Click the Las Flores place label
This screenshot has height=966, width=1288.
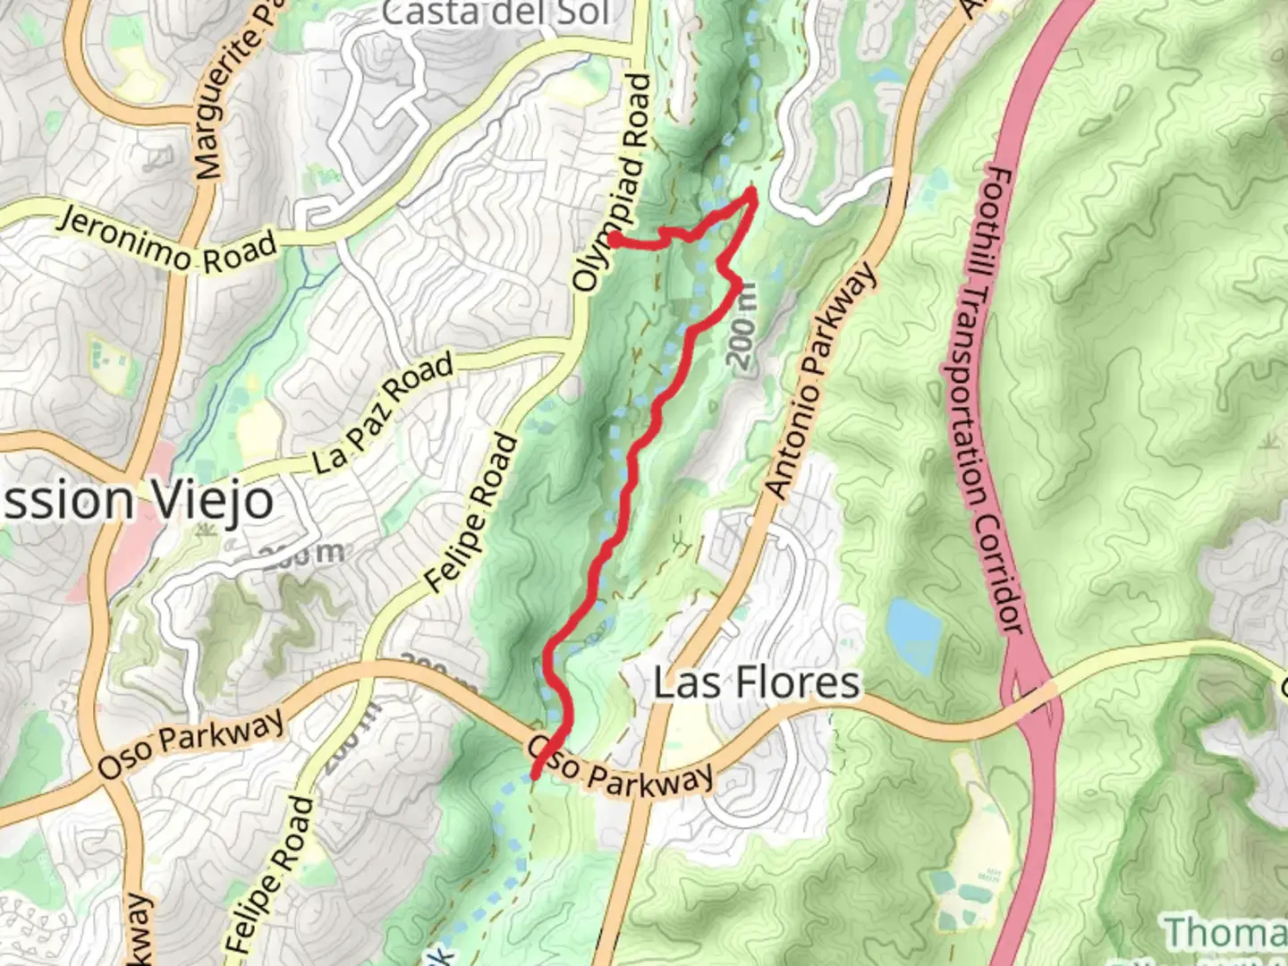(x=757, y=683)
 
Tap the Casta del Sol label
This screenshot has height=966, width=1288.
(x=496, y=13)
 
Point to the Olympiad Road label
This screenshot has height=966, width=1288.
(x=614, y=183)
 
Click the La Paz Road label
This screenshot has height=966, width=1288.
(x=383, y=413)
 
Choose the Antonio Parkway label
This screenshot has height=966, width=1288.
(x=819, y=380)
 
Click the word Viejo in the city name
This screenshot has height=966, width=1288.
(x=214, y=500)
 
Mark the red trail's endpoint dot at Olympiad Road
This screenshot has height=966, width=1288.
(x=615, y=239)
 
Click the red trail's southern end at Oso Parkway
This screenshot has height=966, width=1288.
(x=535, y=775)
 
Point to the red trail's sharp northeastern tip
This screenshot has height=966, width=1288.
(x=754, y=191)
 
